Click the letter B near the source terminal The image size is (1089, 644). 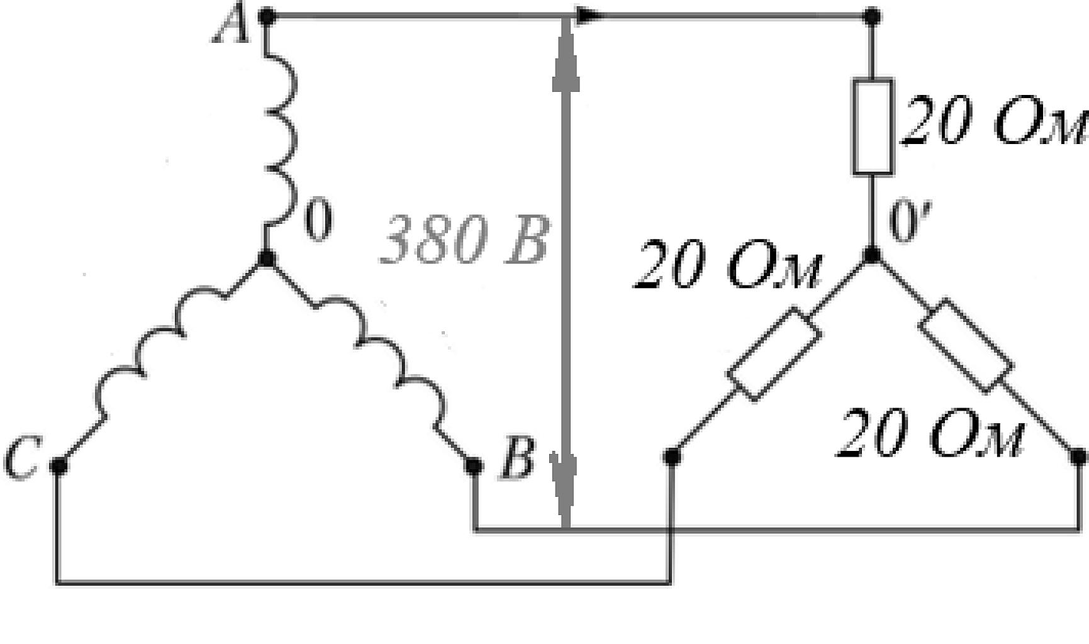517,458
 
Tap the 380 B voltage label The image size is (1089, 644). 464,239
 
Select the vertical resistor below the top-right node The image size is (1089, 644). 873,126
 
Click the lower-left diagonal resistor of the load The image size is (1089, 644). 773,353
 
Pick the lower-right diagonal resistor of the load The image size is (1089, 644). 966,346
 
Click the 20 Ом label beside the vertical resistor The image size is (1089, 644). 994,121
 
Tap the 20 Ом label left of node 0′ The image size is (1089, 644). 727,264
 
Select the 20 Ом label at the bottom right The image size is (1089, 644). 930,433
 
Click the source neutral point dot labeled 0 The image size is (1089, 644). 266,258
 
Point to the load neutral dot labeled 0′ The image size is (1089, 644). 872,255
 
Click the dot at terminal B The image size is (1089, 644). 474,466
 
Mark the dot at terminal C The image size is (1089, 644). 58,465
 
